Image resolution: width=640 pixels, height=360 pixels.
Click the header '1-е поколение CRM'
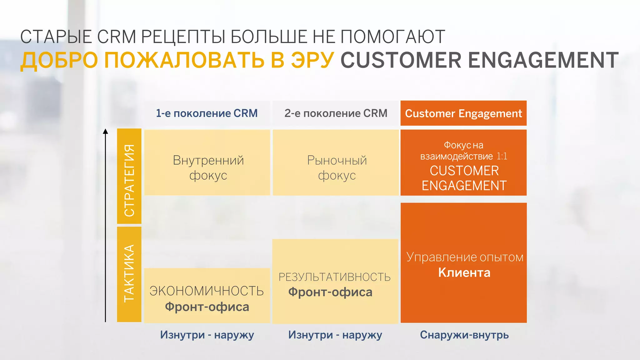(207, 113)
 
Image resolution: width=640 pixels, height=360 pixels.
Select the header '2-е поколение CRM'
(336, 113)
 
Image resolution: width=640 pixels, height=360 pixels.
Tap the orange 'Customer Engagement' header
(463, 113)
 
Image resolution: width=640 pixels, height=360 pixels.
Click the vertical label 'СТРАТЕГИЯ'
(129, 180)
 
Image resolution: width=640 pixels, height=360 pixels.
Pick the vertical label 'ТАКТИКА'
(129, 273)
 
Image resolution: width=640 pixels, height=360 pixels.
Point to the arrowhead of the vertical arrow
(106, 131)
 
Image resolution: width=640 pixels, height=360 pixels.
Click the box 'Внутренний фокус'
(208, 167)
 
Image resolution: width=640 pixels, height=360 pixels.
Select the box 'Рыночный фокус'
(337, 167)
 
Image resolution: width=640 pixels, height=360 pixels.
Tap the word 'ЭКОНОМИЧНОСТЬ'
(207, 291)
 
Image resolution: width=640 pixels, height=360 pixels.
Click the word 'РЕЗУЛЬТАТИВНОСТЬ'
(335, 277)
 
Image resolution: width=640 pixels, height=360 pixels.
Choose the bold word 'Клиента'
(464, 272)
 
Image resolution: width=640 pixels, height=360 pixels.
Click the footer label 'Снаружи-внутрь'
(464, 335)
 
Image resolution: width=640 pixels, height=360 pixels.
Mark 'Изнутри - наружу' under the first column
(207, 335)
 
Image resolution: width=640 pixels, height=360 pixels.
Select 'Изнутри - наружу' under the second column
(335, 335)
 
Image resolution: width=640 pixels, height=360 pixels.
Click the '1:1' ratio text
(502, 156)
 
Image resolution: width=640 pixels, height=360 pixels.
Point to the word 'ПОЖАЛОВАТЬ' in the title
(184, 60)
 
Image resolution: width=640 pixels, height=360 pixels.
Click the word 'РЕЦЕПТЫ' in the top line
(183, 37)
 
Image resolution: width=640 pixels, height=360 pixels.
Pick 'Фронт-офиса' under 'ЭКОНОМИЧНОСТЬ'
(207, 307)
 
